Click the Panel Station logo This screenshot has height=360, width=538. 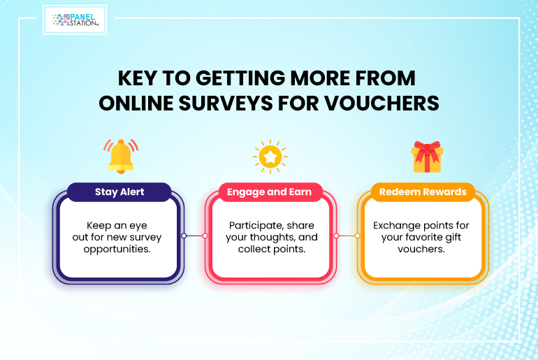[x=75, y=20]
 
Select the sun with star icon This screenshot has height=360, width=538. [x=270, y=157]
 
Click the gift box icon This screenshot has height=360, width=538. [x=427, y=157]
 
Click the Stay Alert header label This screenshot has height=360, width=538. [x=119, y=192]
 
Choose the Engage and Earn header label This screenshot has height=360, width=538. [x=269, y=192]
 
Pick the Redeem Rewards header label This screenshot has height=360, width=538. [x=423, y=192]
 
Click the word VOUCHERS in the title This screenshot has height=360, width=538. [x=382, y=103]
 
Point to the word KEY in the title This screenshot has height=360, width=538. [x=137, y=78]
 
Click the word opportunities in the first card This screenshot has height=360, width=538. [x=117, y=249]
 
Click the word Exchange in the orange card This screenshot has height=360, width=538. [x=395, y=226]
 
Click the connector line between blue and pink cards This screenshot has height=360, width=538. [x=194, y=236]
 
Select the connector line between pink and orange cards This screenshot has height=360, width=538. [x=347, y=236]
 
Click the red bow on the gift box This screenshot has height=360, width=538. [x=427, y=151]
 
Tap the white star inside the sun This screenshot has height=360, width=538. [x=270, y=157]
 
